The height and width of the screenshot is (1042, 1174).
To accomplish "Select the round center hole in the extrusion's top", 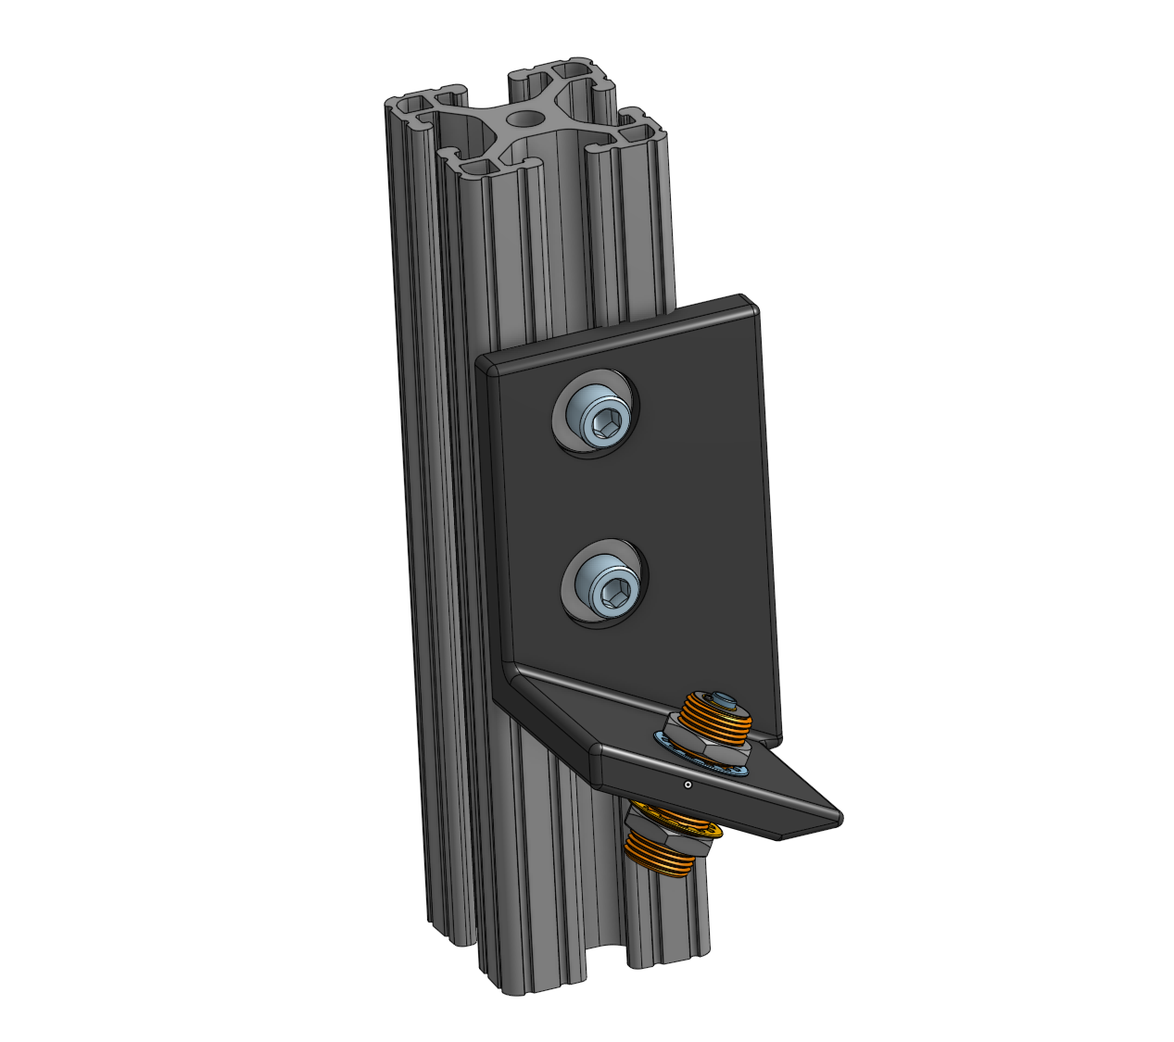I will (x=526, y=119).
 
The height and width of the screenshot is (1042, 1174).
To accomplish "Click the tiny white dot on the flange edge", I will (x=687, y=785).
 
